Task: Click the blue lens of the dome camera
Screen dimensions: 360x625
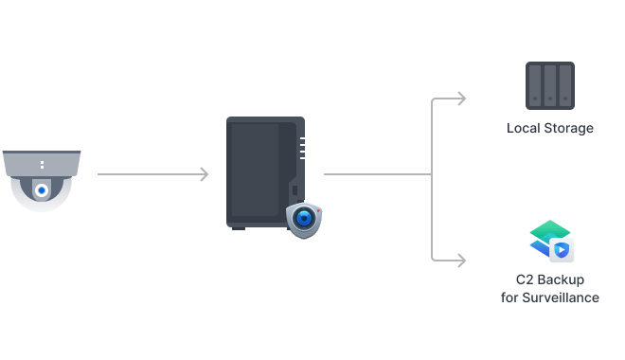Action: [x=41, y=190]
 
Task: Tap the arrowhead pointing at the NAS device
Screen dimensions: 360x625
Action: [x=204, y=174]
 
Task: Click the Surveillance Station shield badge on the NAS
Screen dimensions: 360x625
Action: [x=304, y=219]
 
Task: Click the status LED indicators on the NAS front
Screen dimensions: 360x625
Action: [x=301, y=148]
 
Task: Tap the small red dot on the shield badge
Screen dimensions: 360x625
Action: [x=320, y=207]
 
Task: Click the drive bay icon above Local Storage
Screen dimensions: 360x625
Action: [x=549, y=84]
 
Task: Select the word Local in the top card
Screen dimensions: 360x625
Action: [x=523, y=128]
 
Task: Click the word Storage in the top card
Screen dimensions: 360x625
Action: [x=568, y=128]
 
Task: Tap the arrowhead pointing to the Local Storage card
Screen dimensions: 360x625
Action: [x=461, y=99]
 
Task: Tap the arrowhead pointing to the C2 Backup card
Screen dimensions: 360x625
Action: [x=461, y=259]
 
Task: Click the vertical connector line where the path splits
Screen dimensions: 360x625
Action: [x=433, y=174]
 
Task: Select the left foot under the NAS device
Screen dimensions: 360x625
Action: [x=239, y=227]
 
